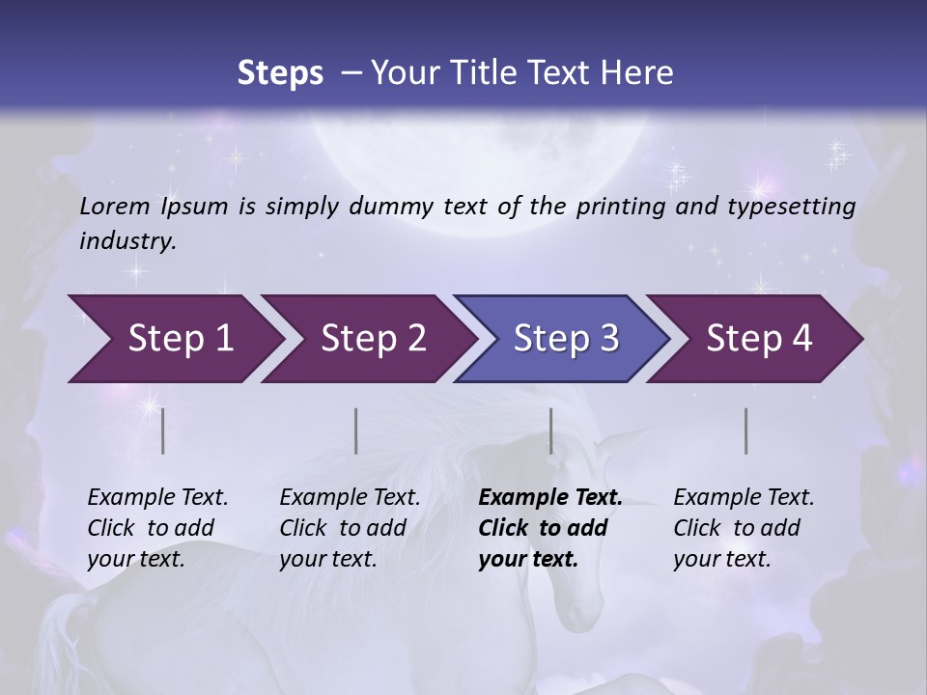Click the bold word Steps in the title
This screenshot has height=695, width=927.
click(280, 73)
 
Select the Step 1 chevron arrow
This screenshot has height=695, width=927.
click(174, 339)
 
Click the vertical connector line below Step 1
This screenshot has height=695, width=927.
click(163, 431)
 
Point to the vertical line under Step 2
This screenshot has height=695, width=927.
click(356, 431)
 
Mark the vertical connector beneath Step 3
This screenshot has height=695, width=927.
click(551, 431)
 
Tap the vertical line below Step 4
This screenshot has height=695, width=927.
click(746, 431)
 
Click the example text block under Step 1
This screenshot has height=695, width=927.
click(157, 528)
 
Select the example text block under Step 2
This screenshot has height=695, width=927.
click(350, 528)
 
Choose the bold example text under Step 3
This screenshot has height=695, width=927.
click(549, 528)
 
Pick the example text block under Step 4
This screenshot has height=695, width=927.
click(744, 528)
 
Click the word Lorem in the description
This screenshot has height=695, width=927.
click(115, 206)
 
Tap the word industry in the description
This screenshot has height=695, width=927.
click(126, 241)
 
